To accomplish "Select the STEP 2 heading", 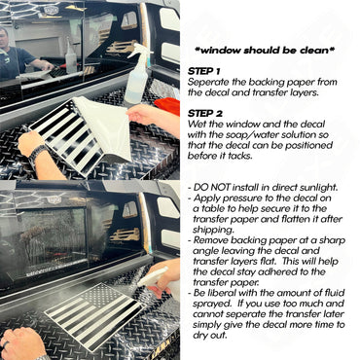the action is click(x=205, y=114).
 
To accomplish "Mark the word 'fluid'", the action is click(x=334, y=293).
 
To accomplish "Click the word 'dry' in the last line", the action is click(x=200, y=335).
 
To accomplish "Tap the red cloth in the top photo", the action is click(x=167, y=106).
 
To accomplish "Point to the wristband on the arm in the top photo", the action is click(x=37, y=154).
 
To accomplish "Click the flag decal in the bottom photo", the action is click(x=94, y=314).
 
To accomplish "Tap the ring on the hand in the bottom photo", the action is click(x=6, y=344).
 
